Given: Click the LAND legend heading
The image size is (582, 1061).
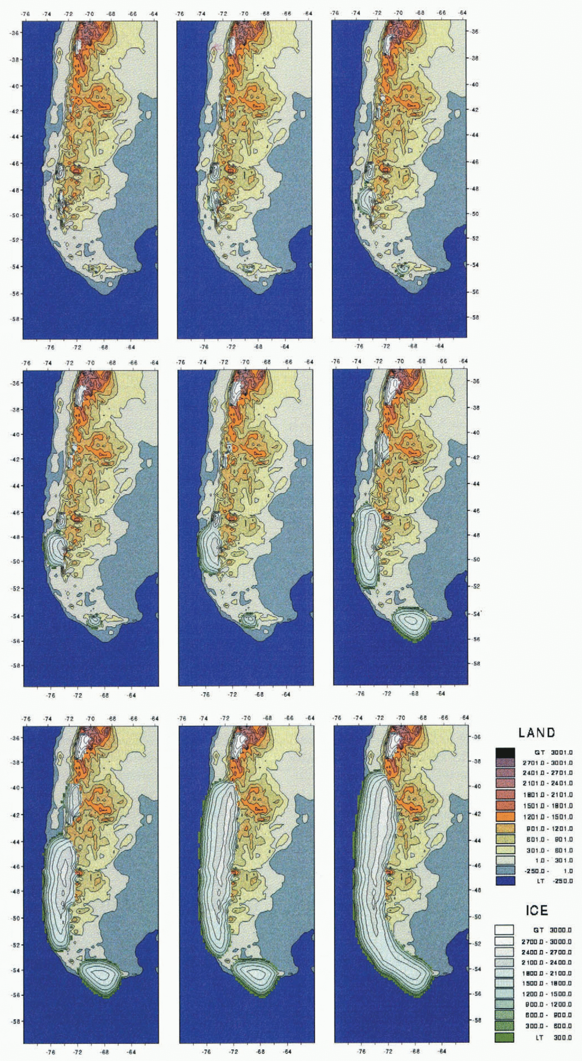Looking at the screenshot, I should [x=536, y=733].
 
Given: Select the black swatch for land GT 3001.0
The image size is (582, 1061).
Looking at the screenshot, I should [x=505, y=752].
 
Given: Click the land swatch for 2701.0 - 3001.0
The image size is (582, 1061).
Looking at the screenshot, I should [x=505, y=763].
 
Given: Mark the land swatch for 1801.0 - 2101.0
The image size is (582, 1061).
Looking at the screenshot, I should [x=505, y=795].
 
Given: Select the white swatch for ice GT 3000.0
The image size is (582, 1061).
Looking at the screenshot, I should [x=504, y=930].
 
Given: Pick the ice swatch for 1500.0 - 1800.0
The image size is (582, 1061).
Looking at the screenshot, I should [x=504, y=983].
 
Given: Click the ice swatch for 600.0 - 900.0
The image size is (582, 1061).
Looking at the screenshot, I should [x=504, y=1015].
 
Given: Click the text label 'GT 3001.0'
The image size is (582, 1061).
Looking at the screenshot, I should [x=553, y=752].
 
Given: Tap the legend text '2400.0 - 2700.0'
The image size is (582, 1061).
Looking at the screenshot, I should [x=547, y=951].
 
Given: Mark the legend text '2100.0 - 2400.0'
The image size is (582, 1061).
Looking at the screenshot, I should [x=547, y=962].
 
